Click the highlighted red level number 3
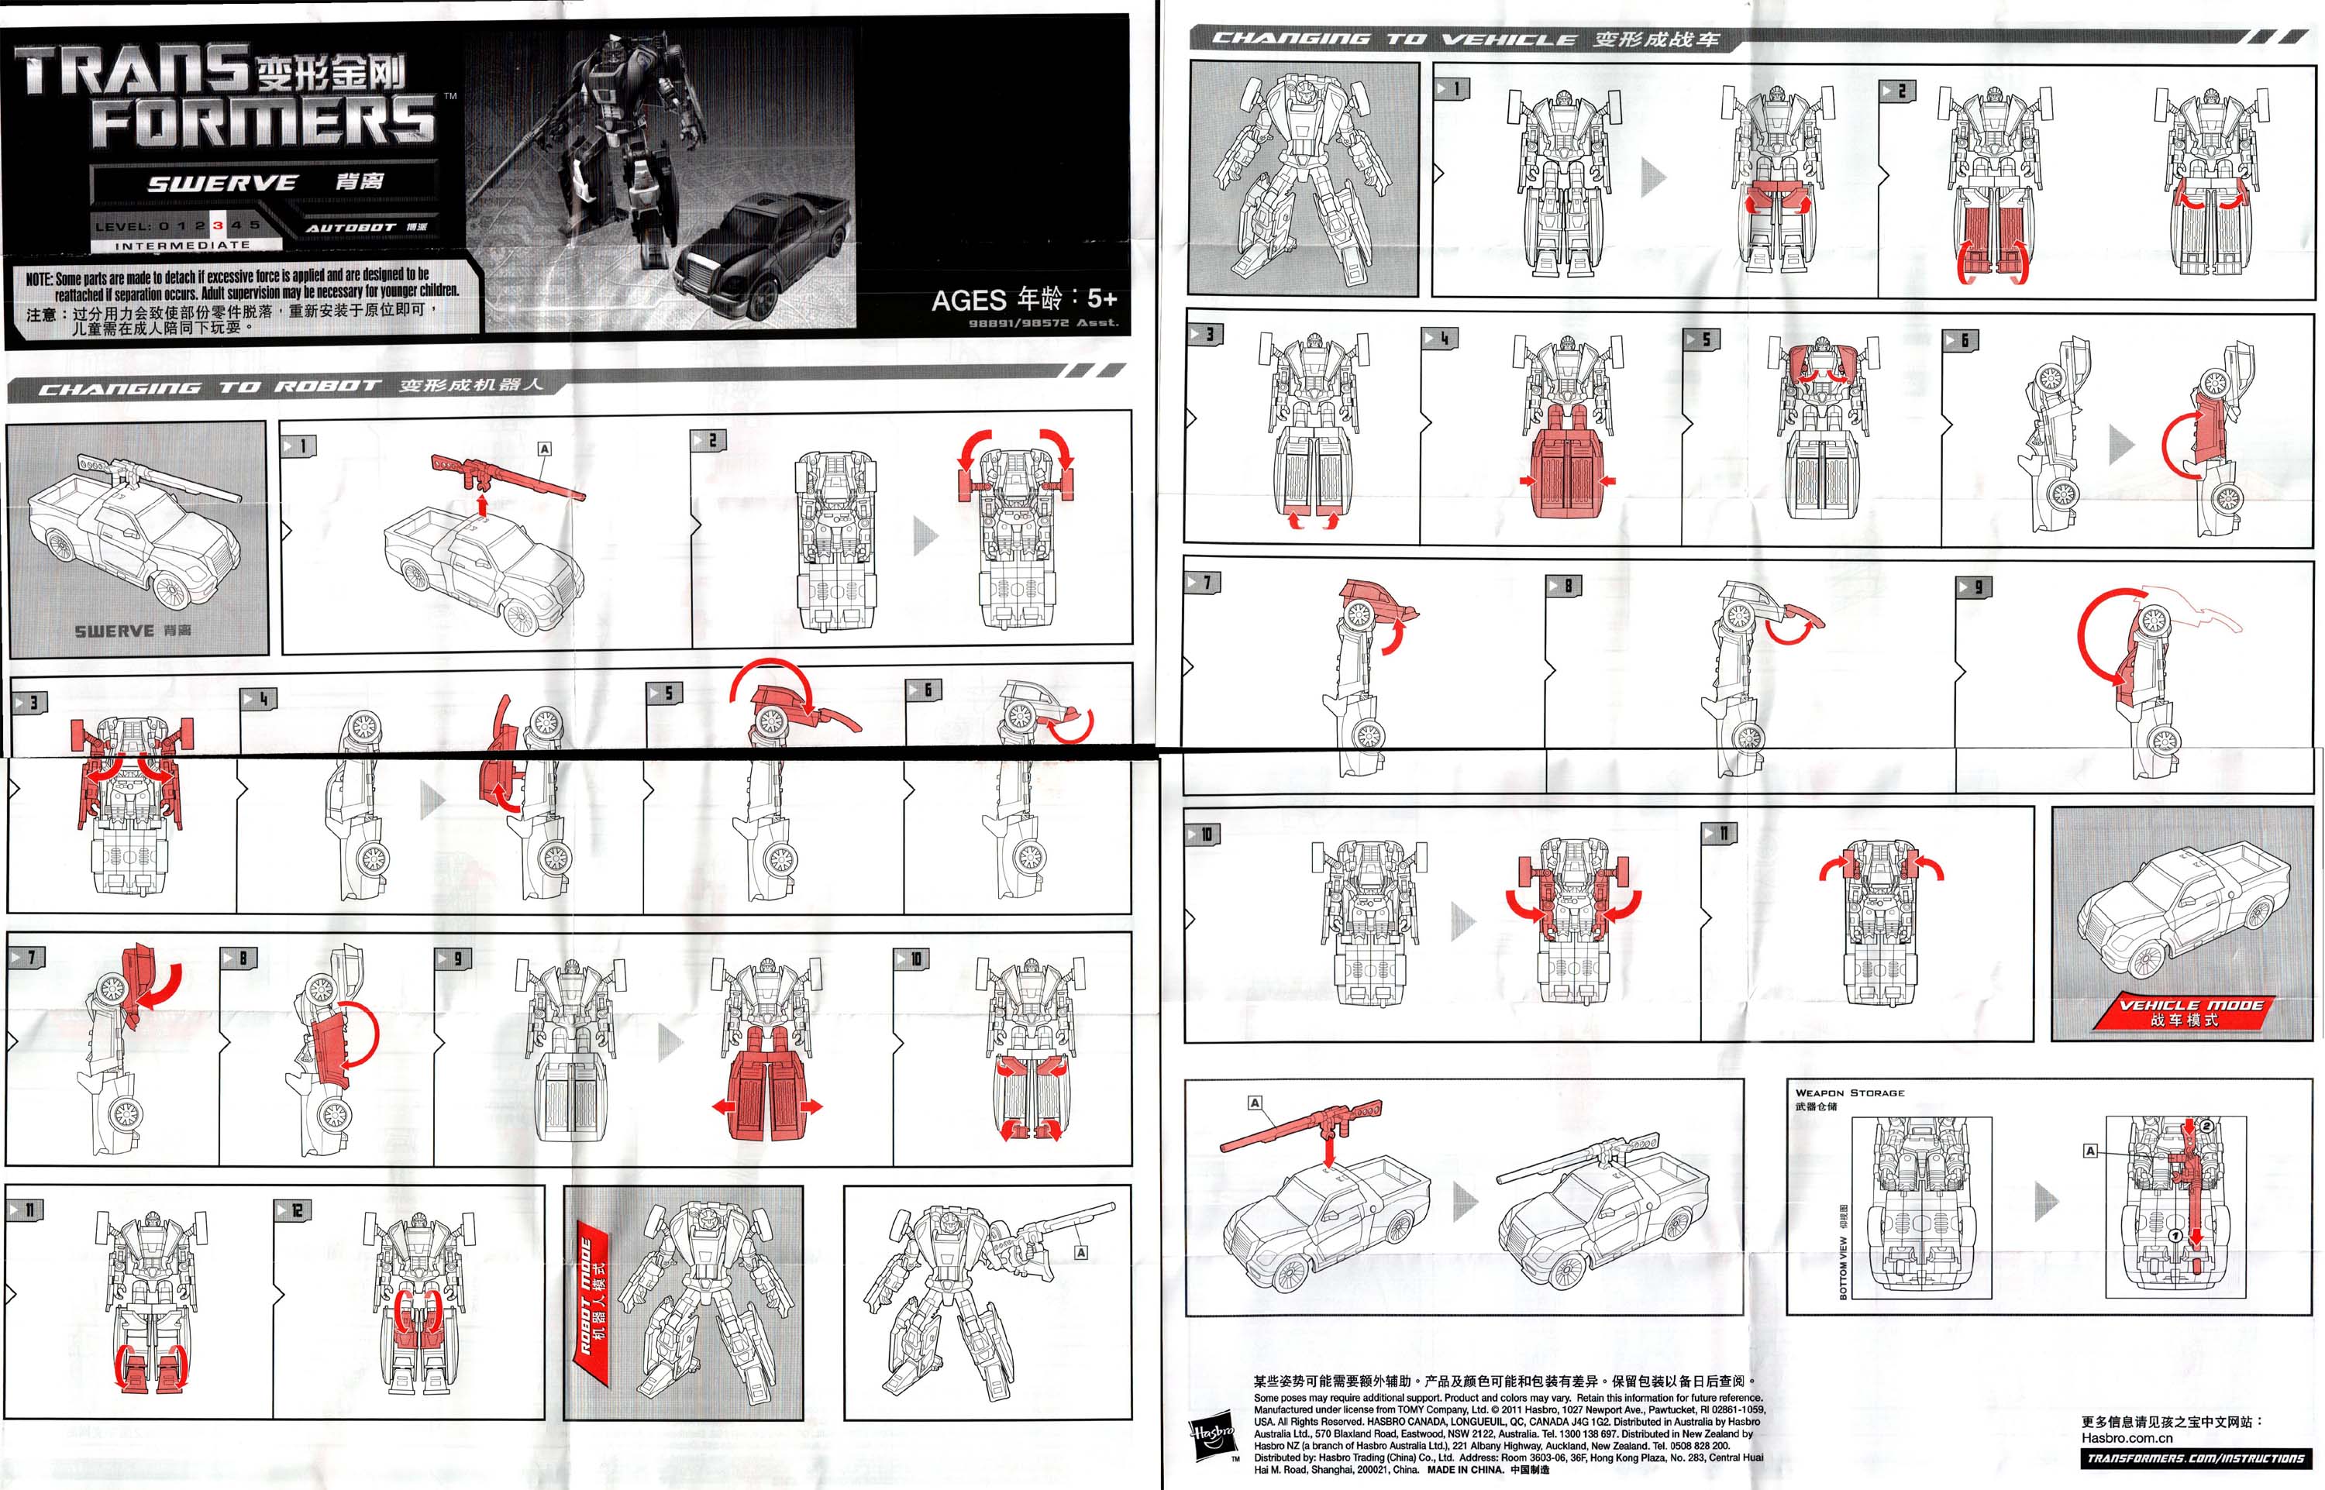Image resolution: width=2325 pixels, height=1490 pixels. (x=218, y=225)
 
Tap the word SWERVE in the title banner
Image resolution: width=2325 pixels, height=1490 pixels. (x=222, y=183)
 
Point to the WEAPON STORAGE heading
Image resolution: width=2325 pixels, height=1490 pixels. (x=1849, y=1093)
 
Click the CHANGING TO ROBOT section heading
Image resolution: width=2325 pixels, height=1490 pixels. (x=208, y=387)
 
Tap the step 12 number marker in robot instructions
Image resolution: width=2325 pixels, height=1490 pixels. (x=294, y=1210)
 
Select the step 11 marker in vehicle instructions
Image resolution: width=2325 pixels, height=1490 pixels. (x=1720, y=834)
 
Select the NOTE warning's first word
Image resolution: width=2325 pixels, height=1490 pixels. (x=39, y=279)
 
